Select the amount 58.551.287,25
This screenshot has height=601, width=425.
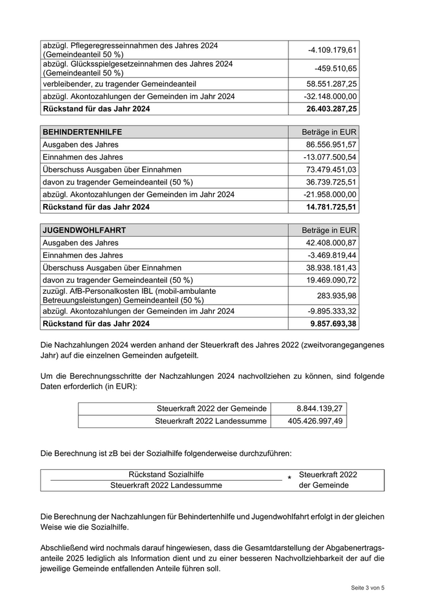(331, 83)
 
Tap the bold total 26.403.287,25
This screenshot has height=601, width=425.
(330, 109)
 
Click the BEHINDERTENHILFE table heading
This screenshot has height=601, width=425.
(82, 132)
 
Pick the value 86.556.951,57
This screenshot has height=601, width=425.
(331, 144)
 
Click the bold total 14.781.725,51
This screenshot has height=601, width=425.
(330, 207)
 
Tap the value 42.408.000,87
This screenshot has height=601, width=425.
(331, 243)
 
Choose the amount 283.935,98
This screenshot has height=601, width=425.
(337, 296)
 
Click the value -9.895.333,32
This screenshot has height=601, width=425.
(331, 311)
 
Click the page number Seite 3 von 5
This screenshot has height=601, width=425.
(368, 588)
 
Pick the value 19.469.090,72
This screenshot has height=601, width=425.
(331, 280)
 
